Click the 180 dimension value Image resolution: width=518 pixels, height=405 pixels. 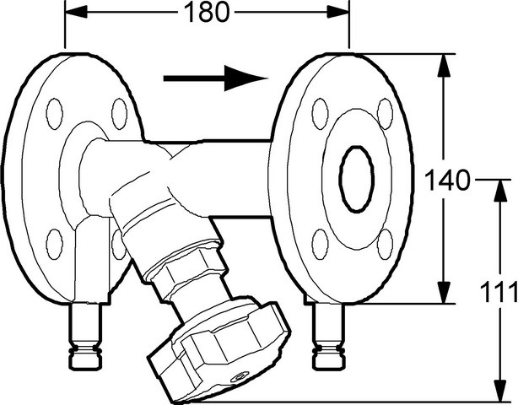pyautogui.click(x=206, y=12)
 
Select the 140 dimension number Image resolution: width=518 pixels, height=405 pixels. pyautogui.click(x=446, y=181)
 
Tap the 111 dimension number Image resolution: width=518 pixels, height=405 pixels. pyautogui.click(x=499, y=292)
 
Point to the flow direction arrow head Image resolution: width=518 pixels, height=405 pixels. pyautogui.click(x=246, y=78)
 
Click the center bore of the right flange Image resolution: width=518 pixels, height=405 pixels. pyautogui.click(x=357, y=179)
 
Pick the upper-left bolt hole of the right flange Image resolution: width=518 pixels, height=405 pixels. pyautogui.click(x=320, y=114)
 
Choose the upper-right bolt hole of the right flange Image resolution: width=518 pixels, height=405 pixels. pyautogui.click(x=385, y=113)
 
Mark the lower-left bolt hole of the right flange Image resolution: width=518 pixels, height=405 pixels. pyautogui.click(x=320, y=244)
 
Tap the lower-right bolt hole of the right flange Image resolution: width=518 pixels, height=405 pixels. pyautogui.click(x=385, y=244)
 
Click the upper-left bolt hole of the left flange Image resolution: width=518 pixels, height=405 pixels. pyautogui.click(x=55, y=114)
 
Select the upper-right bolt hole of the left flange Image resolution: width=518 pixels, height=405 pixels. pyautogui.click(x=119, y=114)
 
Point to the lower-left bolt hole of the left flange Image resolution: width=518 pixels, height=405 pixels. pyautogui.click(x=55, y=244)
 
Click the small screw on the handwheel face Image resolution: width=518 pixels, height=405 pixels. pyautogui.click(x=238, y=377)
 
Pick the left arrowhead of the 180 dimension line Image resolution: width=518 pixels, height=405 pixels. pyautogui.click(x=77, y=12)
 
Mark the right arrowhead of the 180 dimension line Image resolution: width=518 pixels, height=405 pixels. pyautogui.click(x=337, y=12)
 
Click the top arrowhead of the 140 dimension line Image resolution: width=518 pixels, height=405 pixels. pyautogui.click(x=444, y=65)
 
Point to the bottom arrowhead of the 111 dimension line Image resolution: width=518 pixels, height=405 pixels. pyautogui.click(x=501, y=391)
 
